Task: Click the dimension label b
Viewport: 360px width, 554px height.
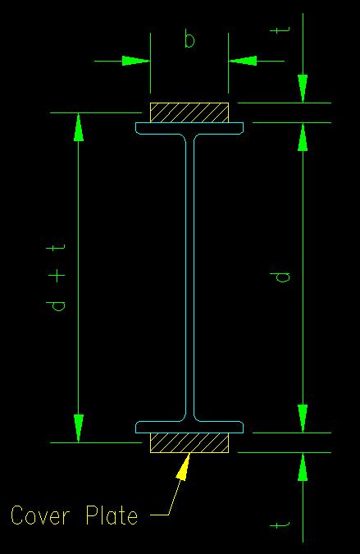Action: coord(189,39)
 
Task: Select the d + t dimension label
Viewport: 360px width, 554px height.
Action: coord(56,277)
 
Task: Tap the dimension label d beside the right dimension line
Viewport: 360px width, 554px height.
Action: coord(282,277)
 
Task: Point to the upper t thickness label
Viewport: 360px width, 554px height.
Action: coord(280,30)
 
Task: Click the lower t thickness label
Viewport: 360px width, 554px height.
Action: coord(280,525)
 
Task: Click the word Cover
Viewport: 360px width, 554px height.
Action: coord(39,515)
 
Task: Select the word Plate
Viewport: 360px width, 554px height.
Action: coord(112,515)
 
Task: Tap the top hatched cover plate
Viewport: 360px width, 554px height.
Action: coord(189,112)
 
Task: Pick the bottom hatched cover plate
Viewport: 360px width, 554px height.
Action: coord(189,442)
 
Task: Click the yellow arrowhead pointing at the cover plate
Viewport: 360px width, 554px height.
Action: coord(184,466)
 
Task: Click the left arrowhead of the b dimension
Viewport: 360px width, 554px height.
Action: coord(136,61)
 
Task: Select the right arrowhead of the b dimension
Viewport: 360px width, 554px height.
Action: coord(243,61)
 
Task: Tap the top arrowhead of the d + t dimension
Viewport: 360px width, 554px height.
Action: coord(79,127)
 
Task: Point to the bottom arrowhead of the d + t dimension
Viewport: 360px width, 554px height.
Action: coord(79,428)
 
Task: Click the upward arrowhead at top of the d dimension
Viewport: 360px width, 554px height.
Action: coord(303,137)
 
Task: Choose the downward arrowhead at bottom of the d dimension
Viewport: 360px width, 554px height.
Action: coord(303,419)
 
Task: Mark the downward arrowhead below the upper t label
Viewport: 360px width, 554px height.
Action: coord(303,89)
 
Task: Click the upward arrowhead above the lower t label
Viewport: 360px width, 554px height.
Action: coord(303,467)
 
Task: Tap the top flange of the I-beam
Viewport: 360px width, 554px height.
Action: coord(189,128)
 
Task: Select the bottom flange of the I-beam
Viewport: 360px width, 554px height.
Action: coord(189,427)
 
